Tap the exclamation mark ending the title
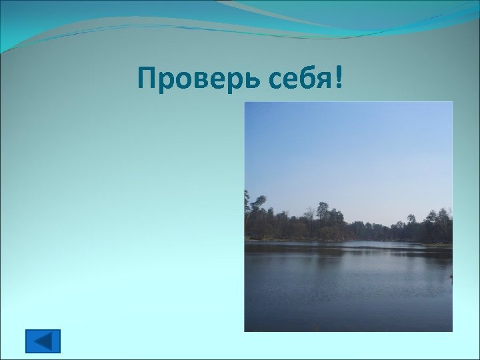pos(342,79)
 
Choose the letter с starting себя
pos(279,82)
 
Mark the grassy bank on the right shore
pos(437,245)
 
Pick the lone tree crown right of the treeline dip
pos(411,220)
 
